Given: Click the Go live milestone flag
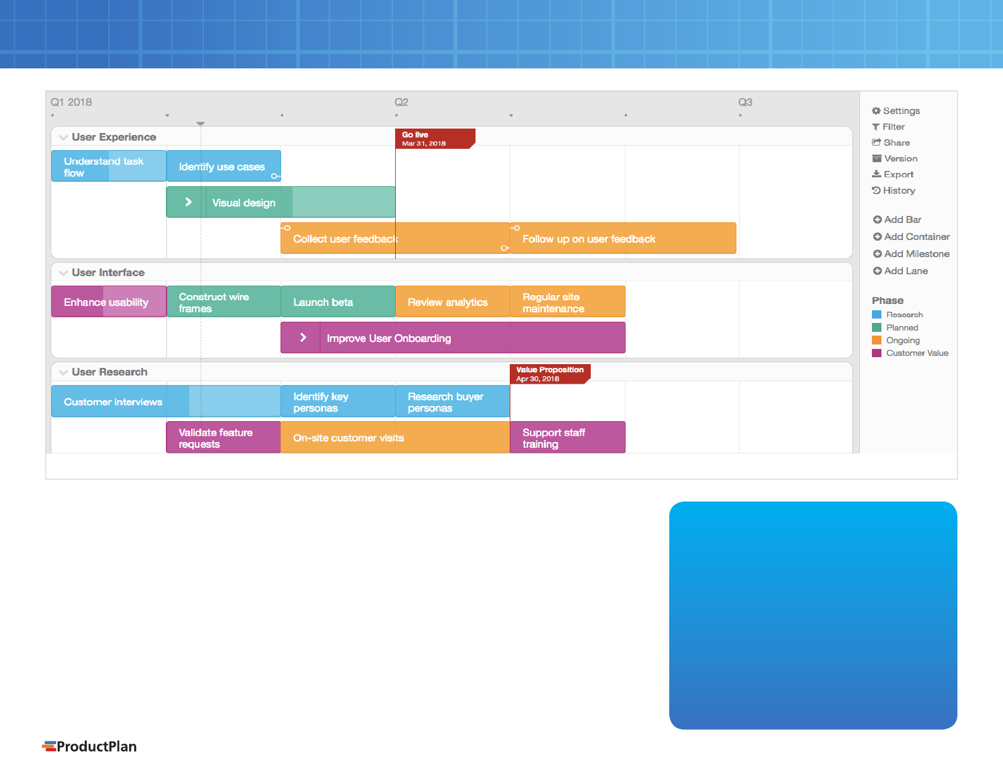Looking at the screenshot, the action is (435, 139).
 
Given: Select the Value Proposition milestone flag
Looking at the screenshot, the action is (550, 374).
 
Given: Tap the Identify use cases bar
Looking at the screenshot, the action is (224, 167).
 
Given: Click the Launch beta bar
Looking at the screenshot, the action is (338, 301).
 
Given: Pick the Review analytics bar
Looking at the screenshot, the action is (453, 301).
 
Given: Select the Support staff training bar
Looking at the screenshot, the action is (567, 437).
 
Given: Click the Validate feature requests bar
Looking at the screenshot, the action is (224, 437).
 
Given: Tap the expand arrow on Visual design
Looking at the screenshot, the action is (188, 202).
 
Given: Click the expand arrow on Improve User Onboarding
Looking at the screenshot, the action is (303, 338).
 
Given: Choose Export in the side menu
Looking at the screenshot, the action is (892, 174).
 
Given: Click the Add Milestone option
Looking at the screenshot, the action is (911, 253).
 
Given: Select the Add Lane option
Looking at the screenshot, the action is (900, 271).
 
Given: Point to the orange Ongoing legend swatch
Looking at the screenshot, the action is (876, 341).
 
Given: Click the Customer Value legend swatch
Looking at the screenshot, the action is (876, 353).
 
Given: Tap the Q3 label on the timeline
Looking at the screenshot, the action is (745, 102).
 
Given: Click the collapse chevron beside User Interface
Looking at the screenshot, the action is (63, 273).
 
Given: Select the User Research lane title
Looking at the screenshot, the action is (110, 372).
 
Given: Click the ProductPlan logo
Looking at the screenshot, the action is (89, 746).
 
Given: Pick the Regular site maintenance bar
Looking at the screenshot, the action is (567, 301).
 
